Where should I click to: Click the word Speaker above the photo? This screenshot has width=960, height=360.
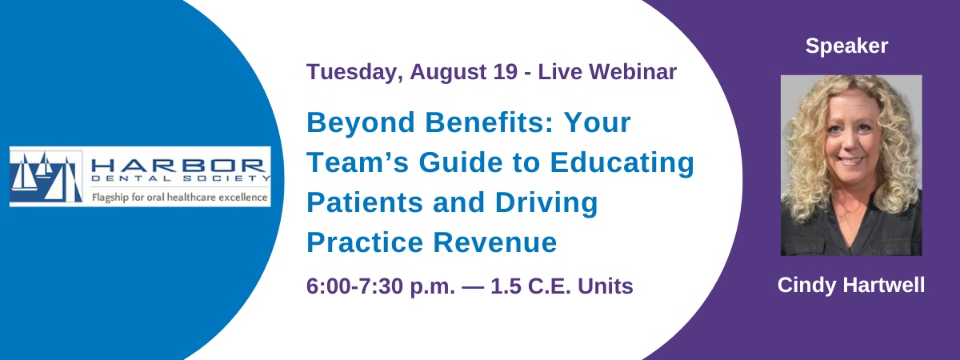[846, 46]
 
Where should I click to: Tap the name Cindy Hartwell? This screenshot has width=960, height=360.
[851, 285]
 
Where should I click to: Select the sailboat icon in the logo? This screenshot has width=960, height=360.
[46, 177]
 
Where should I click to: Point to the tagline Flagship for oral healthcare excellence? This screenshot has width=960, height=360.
[179, 198]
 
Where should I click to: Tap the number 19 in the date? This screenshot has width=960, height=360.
[506, 71]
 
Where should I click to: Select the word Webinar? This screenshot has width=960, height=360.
[633, 71]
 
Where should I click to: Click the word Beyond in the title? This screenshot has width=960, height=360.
[361, 123]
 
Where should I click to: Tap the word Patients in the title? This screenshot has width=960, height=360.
[365, 202]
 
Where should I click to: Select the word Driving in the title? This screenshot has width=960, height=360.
[546, 203]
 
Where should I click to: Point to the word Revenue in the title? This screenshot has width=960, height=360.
[495, 242]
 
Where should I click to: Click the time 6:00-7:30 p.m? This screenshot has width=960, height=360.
[381, 286]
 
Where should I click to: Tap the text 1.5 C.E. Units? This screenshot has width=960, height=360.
[562, 286]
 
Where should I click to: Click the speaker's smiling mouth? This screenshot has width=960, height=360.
[850, 162]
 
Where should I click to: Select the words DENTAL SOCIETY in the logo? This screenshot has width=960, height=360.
[181, 178]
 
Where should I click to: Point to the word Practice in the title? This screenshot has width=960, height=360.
[365, 242]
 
